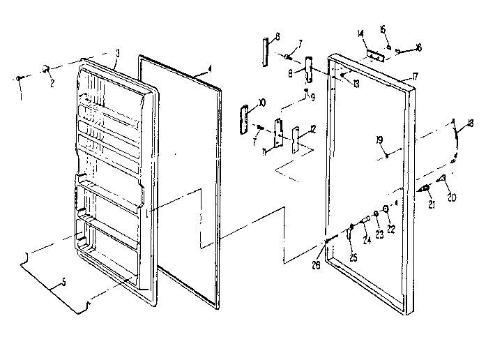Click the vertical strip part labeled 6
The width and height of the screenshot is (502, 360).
[266, 51]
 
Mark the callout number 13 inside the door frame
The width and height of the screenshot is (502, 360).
[356, 84]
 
